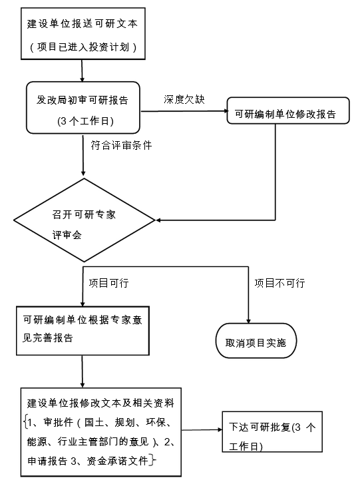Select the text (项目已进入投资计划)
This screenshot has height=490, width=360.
[83, 47]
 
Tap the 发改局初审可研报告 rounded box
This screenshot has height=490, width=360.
[83, 107]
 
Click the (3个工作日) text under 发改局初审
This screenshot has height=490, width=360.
[83, 121]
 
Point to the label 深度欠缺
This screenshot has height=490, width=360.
[184, 99]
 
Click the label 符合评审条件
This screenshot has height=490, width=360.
[121, 144]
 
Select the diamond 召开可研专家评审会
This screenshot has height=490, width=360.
[84, 220]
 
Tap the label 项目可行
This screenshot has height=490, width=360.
[108, 283]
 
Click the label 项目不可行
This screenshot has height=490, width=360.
[279, 283]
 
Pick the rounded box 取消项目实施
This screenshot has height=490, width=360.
[256, 343]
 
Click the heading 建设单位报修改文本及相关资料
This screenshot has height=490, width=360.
[100, 403]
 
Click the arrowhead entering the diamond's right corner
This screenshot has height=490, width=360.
[158, 220]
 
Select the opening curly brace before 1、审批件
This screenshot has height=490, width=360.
[24, 421]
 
